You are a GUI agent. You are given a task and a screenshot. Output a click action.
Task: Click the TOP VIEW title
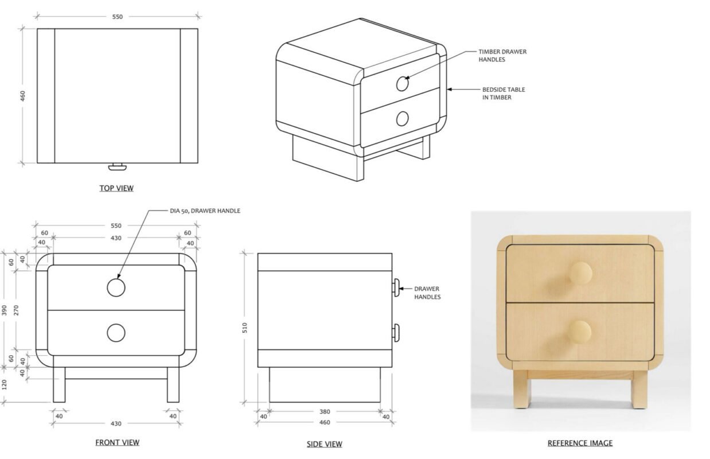[x=116, y=188]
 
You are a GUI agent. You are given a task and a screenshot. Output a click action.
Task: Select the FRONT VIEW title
[x=117, y=442]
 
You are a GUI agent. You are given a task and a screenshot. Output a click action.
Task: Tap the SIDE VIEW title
[x=324, y=444]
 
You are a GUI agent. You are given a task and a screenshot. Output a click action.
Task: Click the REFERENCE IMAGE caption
[x=580, y=443]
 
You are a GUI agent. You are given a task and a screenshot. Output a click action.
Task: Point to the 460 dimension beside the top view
[x=22, y=96]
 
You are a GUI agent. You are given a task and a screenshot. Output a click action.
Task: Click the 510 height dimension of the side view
[x=244, y=328]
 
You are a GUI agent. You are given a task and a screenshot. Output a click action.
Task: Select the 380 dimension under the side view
[x=325, y=411]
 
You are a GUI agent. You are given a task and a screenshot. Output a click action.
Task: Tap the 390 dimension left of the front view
[x=4, y=310]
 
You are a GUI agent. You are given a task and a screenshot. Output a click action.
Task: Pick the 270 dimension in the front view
[x=16, y=310]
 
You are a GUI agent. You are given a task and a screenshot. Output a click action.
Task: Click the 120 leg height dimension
[x=4, y=385]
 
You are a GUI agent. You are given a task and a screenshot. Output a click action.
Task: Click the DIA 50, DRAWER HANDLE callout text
[x=205, y=211]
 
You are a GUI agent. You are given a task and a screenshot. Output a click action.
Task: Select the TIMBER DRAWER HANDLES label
[x=502, y=56]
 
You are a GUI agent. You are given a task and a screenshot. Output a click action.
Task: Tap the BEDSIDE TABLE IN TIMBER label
[x=504, y=94]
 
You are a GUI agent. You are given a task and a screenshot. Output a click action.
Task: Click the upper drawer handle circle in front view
[x=116, y=287]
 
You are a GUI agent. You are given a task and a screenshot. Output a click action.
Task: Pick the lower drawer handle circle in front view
[x=116, y=333]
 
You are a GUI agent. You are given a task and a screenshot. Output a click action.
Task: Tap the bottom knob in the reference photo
[x=579, y=332]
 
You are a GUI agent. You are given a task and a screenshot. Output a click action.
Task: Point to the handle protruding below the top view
[x=117, y=166]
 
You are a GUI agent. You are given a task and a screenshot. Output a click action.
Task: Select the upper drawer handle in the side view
[x=396, y=287]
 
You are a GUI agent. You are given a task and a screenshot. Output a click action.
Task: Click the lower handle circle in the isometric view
[x=402, y=119]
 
